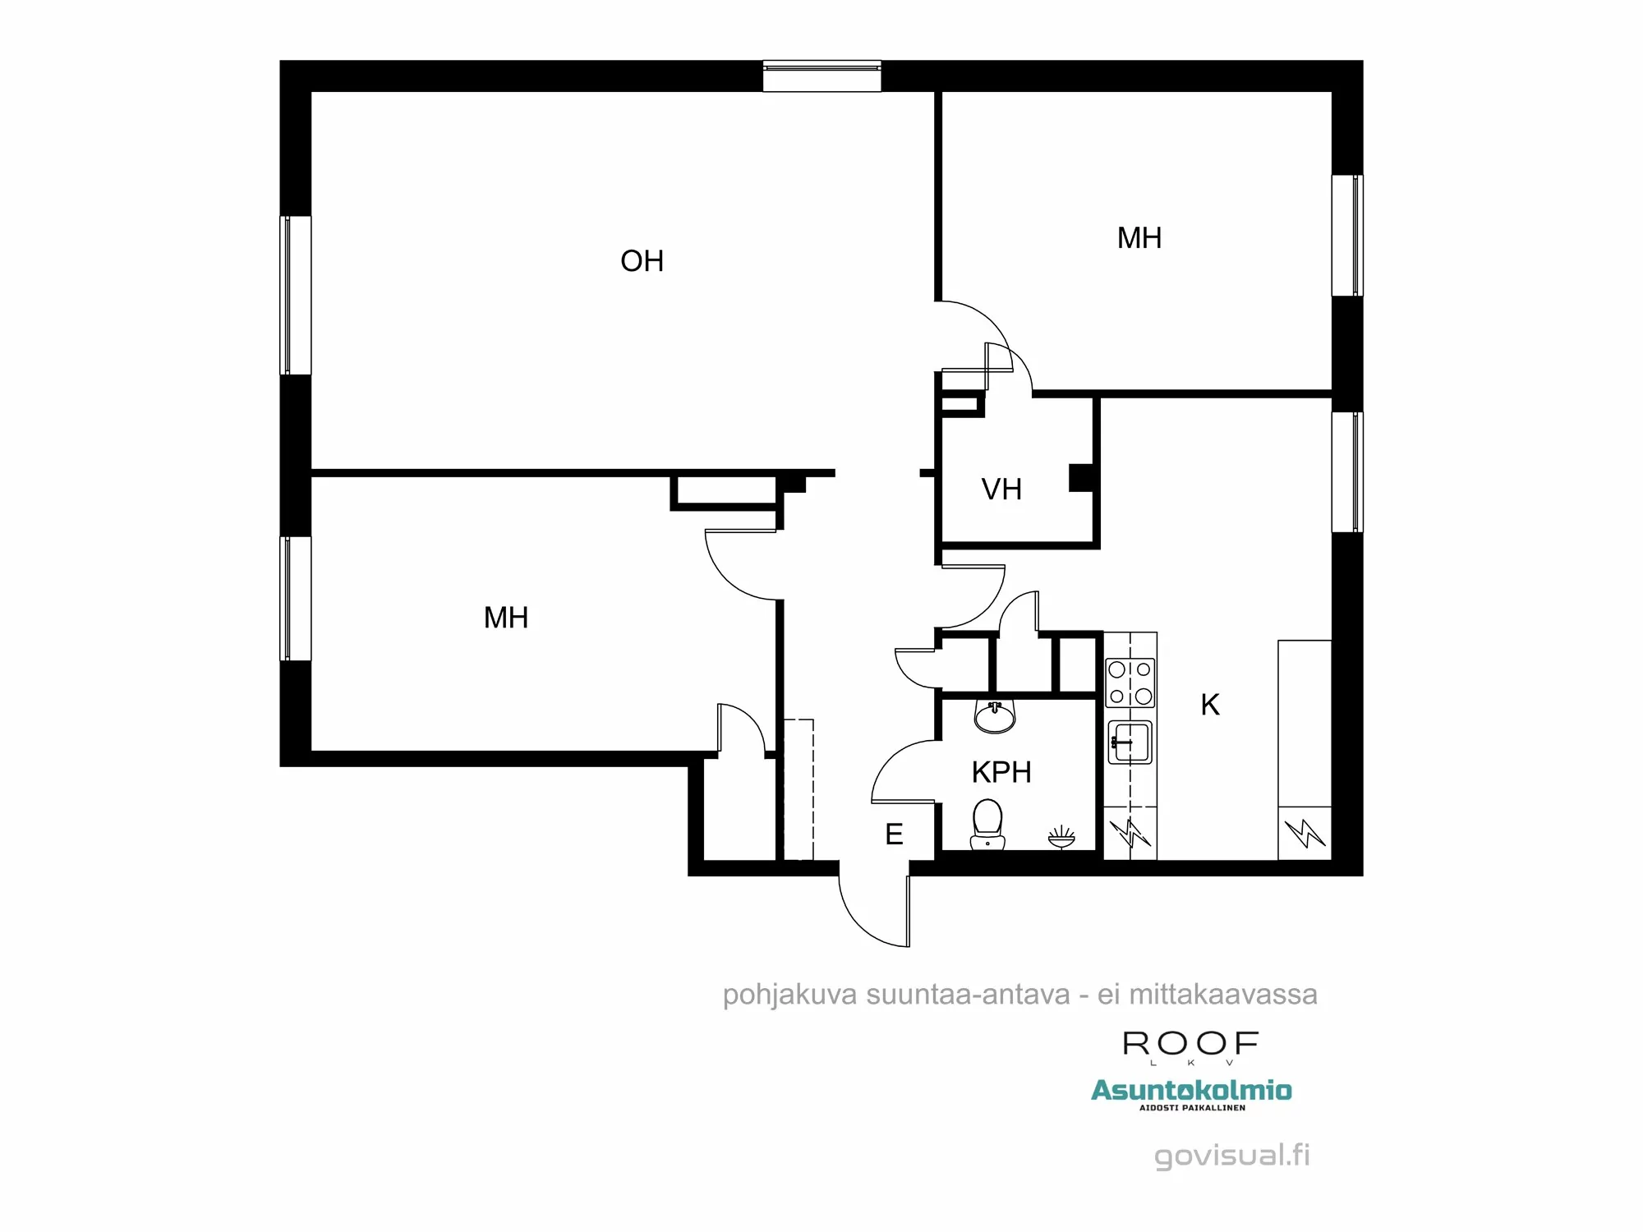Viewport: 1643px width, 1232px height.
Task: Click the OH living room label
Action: [x=642, y=261]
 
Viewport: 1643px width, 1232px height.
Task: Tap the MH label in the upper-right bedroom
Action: [x=1139, y=238]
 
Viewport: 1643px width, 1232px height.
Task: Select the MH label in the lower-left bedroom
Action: [x=506, y=618]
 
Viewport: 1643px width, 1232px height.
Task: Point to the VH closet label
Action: [x=1001, y=490]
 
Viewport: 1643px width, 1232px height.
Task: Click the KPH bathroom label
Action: [x=1001, y=772]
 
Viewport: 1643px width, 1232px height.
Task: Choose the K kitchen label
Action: [x=1210, y=705]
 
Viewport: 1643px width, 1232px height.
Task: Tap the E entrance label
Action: [x=894, y=834]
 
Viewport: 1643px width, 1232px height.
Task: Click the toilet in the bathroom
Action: [x=987, y=825]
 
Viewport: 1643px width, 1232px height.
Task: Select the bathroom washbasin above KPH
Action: [x=995, y=716]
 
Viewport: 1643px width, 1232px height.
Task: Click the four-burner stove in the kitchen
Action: [x=1130, y=683]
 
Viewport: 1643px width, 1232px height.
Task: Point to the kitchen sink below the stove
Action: [x=1130, y=742]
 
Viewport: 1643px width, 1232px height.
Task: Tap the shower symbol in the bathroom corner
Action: [x=1061, y=837]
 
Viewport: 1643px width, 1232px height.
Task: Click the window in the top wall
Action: [x=821, y=76]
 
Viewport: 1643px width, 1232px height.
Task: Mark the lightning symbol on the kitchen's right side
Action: [x=1305, y=834]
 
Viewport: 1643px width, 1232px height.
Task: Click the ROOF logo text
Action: [x=1190, y=1044]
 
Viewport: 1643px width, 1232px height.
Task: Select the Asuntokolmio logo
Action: [x=1191, y=1091]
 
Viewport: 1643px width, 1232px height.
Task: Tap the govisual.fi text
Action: [x=1231, y=1155]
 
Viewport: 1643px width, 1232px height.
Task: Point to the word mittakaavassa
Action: [x=1223, y=995]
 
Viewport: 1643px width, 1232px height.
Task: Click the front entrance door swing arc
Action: [x=858, y=920]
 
